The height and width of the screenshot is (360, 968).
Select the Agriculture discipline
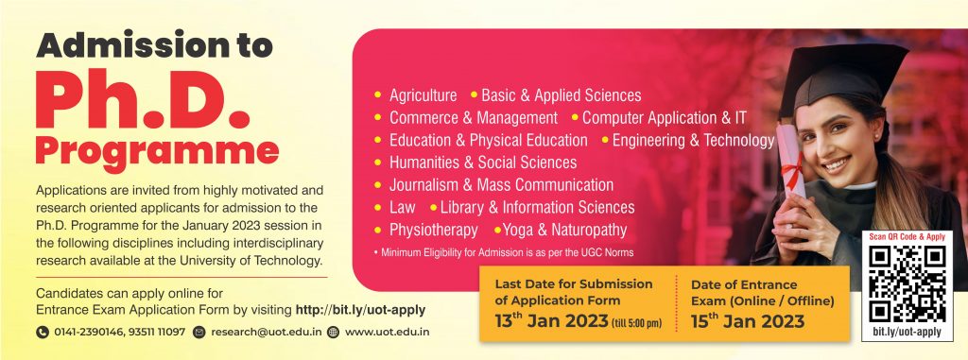pyautogui.click(x=423, y=95)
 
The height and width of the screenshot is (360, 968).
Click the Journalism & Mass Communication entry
pyautogui.click(x=501, y=184)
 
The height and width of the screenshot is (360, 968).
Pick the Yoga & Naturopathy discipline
pyautogui.click(x=564, y=231)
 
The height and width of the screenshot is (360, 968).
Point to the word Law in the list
pyautogui.click(x=402, y=207)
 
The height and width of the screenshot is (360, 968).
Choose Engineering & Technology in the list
pyautogui.click(x=693, y=140)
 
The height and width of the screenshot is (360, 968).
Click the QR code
pyautogui.click(x=907, y=284)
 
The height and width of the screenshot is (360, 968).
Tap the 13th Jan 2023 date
pyautogui.click(x=551, y=321)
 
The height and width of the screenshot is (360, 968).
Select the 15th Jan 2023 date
pyautogui.click(x=747, y=320)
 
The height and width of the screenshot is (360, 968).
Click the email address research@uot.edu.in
pyautogui.click(x=266, y=332)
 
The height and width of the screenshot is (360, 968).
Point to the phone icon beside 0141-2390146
pyautogui.click(x=42, y=333)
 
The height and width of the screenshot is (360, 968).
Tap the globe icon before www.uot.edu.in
pyautogui.click(x=334, y=333)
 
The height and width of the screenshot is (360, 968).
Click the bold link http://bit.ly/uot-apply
pyautogui.click(x=360, y=309)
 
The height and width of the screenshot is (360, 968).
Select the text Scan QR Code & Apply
pyautogui.click(x=907, y=236)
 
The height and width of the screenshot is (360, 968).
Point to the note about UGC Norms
pyautogui.click(x=504, y=252)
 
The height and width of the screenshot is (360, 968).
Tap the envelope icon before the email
pyautogui.click(x=199, y=333)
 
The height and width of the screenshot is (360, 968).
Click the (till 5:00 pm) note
pyautogui.click(x=636, y=323)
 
